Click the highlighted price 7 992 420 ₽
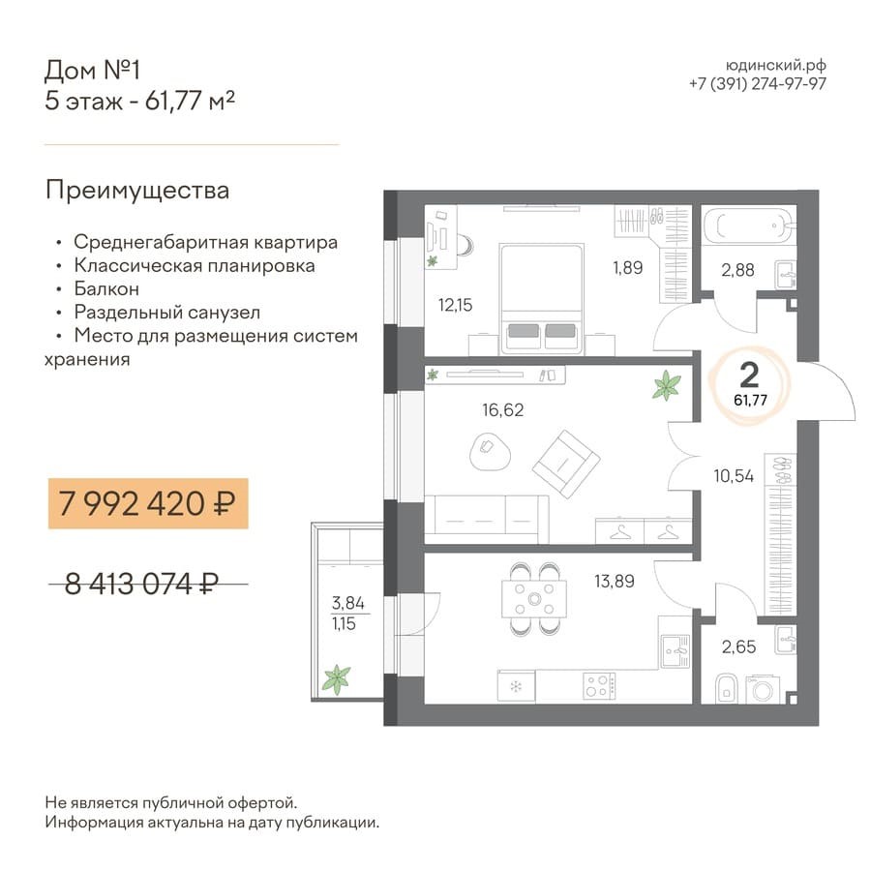(x=147, y=504)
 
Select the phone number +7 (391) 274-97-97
(x=758, y=84)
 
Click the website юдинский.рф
(x=776, y=66)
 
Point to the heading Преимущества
(x=137, y=191)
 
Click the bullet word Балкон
(x=106, y=288)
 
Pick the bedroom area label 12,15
(x=455, y=305)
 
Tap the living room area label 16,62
(x=502, y=410)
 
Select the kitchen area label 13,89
(x=615, y=581)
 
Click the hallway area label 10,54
(x=734, y=476)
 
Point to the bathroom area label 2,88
(x=737, y=271)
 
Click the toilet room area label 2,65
(x=738, y=647)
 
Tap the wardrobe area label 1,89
(x=628, y=268)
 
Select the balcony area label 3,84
(x=347, y=603)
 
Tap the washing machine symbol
(x=763, y=689)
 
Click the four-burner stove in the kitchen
(x=599, y=685)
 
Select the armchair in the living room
(x=566, y=464)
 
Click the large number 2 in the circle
(x=749, y=375)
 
